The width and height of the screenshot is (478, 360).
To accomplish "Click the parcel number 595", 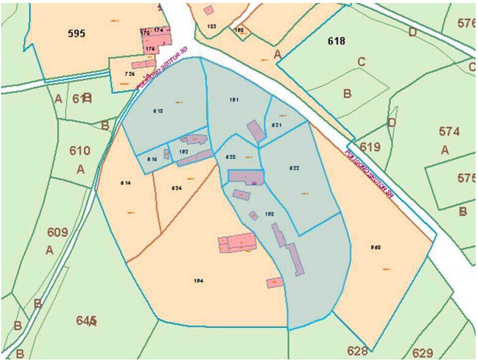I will [x=77, y=34].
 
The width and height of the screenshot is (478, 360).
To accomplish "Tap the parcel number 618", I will [x=336, y=42].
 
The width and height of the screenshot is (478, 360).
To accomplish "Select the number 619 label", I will [x=370, y=147].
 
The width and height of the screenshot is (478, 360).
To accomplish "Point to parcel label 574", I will [x=449, y=131].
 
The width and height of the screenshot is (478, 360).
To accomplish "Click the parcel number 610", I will [x=80, y=151].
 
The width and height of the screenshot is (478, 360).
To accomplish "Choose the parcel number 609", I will [x=57, y=233].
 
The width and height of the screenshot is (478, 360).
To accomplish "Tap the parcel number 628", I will [x=357, y=351].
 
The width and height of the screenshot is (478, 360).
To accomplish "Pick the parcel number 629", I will [x=422, y=352].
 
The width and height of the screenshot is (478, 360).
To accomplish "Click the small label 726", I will [x=129, y=74].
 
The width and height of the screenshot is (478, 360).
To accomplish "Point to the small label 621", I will [x=277, y=125].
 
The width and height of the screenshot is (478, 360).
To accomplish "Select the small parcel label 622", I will [x=294, y=168].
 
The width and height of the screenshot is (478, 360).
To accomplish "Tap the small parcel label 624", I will [x=177, y=187].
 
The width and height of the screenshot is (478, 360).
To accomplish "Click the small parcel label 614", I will [x=126, y=182].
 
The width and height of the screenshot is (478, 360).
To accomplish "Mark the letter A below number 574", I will [x=445, y=150].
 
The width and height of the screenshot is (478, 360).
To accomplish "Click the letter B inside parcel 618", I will [x=347, y=94].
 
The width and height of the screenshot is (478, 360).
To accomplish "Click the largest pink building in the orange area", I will [x=237, y=242].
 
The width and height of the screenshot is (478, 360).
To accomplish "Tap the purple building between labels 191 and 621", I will [x=256, y=132].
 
